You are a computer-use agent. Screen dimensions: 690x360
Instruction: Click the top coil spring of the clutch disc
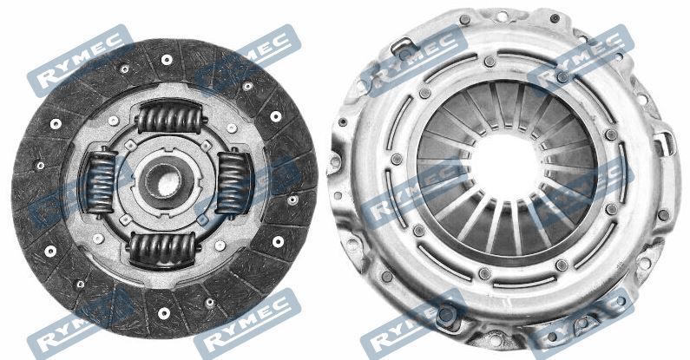169,117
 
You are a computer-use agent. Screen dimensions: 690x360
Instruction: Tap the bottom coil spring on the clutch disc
163,249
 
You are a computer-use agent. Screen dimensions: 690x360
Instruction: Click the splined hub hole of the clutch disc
164,181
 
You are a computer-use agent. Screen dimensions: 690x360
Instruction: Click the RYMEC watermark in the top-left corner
80,61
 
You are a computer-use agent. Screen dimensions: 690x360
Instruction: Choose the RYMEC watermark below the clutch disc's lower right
247,324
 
